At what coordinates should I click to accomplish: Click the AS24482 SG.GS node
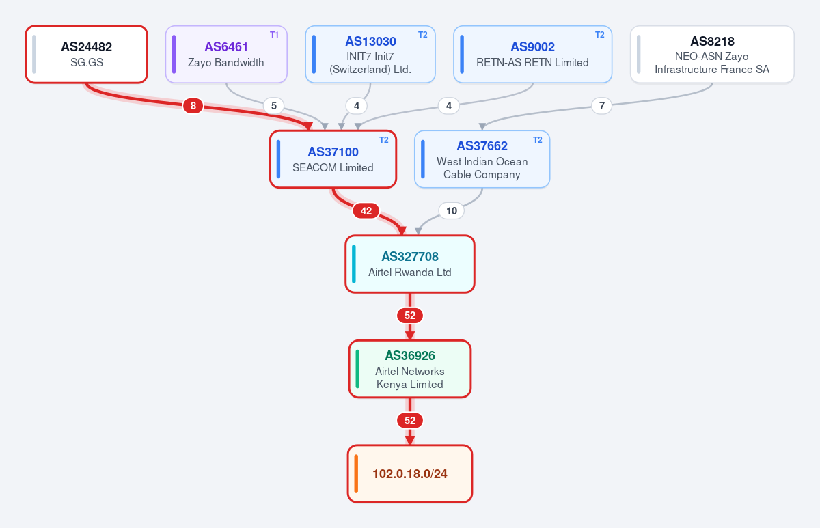tap(86, 54)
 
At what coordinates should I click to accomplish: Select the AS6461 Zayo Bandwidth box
tap(226, 54)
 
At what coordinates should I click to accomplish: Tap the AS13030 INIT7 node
tap(370, 54)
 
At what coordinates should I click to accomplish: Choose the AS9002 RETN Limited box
tap(532, 54)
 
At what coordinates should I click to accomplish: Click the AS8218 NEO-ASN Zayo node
tap(712, 54)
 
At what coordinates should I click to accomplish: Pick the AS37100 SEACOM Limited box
tap(333, 159)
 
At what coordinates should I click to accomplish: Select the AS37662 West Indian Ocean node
tap(482, 159)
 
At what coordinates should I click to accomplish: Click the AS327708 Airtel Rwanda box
tap(410, 264)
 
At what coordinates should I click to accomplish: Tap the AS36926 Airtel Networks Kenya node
tap(410, 369)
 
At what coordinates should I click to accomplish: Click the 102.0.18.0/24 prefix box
tap(410, 474)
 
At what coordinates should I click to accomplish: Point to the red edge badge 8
tap(193, 106)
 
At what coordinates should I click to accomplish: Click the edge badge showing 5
tap(274, 106)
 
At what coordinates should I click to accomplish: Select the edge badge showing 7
tap(602, 106)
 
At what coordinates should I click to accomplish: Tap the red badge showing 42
tap(366, 211)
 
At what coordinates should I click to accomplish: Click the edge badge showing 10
tap(452, 211)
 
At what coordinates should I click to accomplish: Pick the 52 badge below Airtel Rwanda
tap(410, 316)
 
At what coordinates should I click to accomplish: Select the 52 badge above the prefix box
tap(410, 421)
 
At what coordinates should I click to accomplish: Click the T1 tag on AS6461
tap(274, 35)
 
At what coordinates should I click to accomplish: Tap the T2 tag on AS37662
tap(537, 140)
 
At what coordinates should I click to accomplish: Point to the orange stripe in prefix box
tap(356, 474)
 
